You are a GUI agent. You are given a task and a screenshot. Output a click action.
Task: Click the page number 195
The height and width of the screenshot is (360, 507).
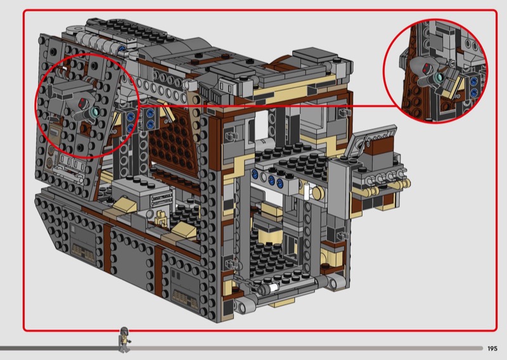[x=492, y=349]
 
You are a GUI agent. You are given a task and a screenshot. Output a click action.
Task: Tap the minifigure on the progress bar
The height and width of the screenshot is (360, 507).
[x=124, y=340]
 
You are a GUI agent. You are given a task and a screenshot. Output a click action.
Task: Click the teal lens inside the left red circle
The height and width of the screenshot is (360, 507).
[x=95, y=112]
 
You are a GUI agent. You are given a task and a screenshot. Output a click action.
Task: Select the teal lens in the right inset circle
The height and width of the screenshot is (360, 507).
[x=439, y=77]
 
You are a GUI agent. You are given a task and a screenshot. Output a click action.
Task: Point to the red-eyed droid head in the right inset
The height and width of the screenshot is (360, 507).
[x=425, y=67]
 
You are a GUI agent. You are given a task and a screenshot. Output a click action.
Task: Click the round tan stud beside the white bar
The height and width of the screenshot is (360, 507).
[x=318, y=193]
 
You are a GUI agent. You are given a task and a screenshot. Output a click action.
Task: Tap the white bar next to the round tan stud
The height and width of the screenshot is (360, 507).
[x=307, y=191]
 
